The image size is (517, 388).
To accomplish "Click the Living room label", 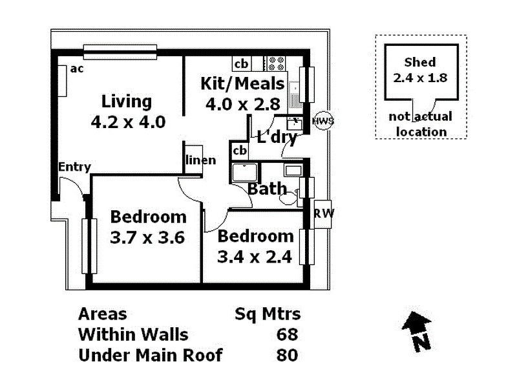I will point(127,102).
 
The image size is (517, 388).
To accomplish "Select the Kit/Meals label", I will point(242,83).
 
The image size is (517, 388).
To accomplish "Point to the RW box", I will point(321,214).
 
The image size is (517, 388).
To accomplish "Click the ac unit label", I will point(77,69).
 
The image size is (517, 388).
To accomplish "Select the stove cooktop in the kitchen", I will point(276,63).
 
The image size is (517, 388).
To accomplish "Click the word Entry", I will point(74,167).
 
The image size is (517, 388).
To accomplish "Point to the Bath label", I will point(267,189).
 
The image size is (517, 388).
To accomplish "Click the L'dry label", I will point(277,136).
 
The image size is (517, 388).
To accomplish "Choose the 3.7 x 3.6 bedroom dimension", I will point(147,237).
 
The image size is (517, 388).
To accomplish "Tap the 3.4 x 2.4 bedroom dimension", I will point(255,257).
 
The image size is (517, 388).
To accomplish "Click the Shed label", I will point(419,63).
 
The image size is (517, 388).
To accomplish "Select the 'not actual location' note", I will point(421,124).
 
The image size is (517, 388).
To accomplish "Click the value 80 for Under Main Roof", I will point(287,355).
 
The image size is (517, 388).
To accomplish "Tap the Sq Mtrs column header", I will point(267,314).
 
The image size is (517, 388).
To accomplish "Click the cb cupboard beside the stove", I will point(241,63).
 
